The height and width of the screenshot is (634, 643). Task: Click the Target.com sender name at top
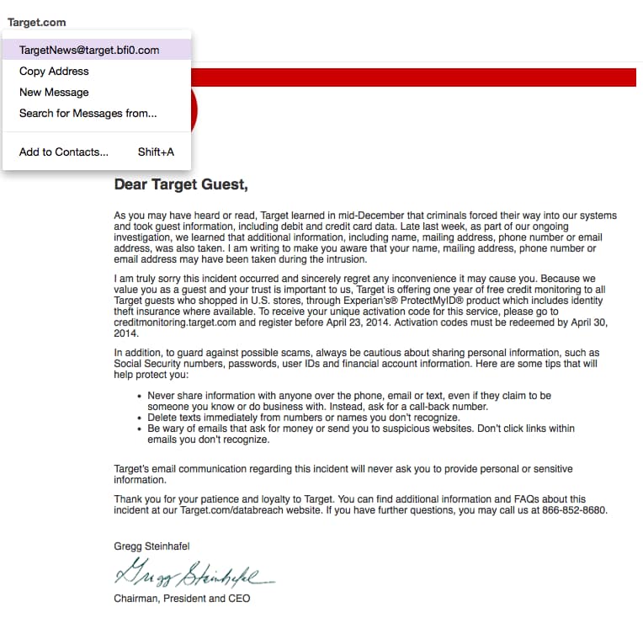click(x=36, y=22)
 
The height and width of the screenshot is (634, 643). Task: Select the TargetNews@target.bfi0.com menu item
click(x=89, y=50)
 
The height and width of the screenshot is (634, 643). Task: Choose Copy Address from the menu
click(x=54, y=71)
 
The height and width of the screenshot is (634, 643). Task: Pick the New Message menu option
click(x=54, y=92)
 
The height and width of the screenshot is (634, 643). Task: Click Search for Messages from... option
click(x=88, y=113)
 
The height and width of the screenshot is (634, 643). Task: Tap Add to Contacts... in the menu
click(x=64, y=152)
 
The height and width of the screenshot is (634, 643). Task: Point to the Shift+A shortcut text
click(x=156, y=152)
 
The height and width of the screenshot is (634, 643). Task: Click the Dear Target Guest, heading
click(x=181, y=184)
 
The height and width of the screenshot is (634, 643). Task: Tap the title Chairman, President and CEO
click(x=182, y=599)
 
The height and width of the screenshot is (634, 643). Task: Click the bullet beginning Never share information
click(x=349, y=401)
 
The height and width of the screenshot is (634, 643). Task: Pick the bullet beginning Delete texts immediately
click(x=303, y=418)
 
